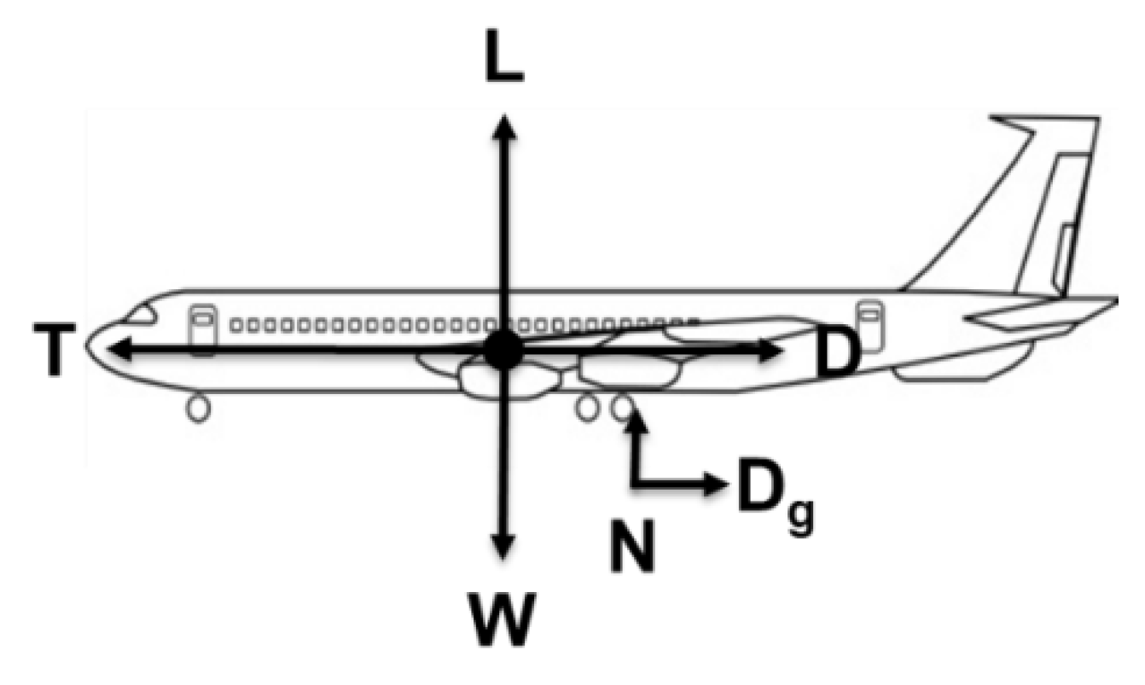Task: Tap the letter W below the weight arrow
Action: pos(505,612)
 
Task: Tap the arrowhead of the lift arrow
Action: pos(504,124)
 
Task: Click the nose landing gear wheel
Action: pos(199,409)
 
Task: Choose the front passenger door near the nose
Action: pos(201,329)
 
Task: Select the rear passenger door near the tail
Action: pos(869,323)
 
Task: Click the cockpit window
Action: pos(139,315)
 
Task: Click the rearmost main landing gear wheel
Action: pos(624,408)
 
